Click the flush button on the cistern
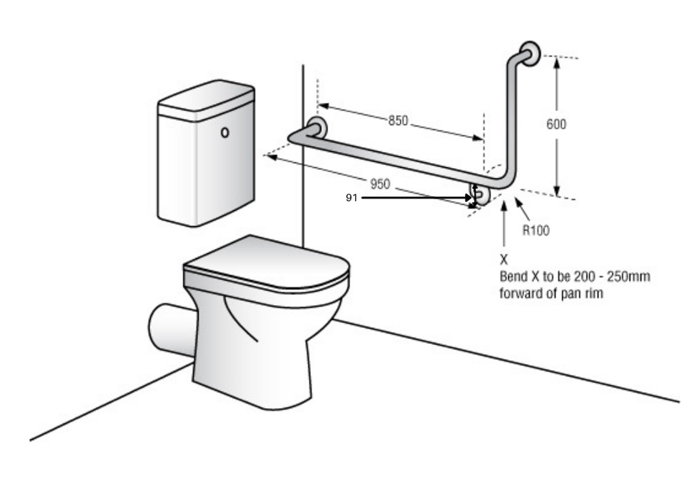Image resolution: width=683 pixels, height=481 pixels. point(225,132)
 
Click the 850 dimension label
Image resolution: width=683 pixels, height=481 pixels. point(398,120)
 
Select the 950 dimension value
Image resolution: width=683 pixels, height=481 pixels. point(380,184)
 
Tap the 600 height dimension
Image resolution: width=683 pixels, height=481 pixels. point(556,124)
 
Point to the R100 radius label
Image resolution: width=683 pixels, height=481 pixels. point(536,230)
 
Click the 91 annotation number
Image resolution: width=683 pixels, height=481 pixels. point(351,198)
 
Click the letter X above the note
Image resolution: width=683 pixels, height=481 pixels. point(504,260)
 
